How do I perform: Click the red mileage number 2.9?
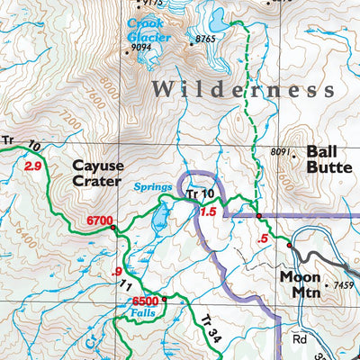(34, 166)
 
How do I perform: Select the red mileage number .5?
(263, 238)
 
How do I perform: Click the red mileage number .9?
(113, 272)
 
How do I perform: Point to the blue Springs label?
(153, 187)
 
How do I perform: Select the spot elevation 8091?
(282, 153)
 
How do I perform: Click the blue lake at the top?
(216, 15)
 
